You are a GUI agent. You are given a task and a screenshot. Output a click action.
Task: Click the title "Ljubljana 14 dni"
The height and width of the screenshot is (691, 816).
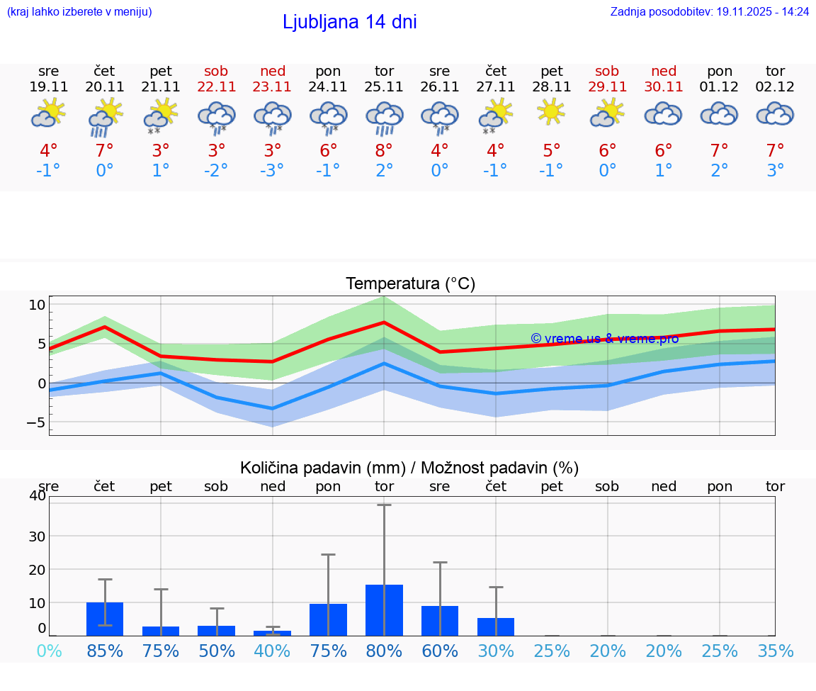point(349,22)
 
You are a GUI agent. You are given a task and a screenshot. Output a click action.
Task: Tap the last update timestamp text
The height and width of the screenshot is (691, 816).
point(710,11)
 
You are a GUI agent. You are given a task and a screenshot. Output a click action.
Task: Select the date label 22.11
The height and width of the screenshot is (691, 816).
point(217,87)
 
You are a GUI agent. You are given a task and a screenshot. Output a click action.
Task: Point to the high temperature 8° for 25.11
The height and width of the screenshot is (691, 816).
point(384,150)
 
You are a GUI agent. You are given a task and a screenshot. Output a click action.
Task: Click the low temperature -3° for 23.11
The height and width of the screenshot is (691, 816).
point(272,170)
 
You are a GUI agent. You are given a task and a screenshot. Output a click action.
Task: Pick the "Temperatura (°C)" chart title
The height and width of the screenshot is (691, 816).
point(410,284)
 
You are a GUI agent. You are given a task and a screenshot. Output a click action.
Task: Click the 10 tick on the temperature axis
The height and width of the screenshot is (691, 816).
point(37,305)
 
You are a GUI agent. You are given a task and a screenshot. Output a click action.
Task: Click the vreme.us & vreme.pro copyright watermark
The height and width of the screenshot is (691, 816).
point(604,338)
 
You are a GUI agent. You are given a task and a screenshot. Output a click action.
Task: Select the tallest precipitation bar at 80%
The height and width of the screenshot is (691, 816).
point(384,609)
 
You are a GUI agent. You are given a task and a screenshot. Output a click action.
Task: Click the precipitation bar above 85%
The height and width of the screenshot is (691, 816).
point(105,619)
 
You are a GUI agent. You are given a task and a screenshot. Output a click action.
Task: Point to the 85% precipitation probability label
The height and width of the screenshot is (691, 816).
point(105,651)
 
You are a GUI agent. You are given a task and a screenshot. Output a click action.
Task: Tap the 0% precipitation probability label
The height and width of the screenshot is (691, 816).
point(49,651)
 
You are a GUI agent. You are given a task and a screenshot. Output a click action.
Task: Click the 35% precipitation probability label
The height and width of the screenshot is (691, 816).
point(775,651)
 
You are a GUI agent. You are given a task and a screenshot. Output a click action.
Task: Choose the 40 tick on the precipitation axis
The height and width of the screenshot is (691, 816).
point(37,495)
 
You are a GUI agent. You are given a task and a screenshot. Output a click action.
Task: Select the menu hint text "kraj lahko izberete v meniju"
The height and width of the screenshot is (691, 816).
point(79,11)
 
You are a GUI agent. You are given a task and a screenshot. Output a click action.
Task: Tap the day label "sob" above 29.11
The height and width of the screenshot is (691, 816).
point(607,71)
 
